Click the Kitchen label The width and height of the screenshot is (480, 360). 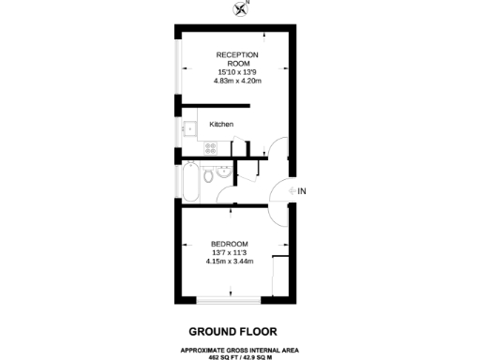221,124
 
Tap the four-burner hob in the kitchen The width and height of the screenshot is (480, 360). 211,147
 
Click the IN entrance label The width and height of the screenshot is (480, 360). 302,191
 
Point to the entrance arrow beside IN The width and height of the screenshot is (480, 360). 292,191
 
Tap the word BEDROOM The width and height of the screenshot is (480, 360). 229,244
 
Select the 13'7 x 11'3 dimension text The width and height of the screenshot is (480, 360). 229,252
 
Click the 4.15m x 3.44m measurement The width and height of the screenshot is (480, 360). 229,262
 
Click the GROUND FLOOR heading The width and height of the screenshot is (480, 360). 231,331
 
